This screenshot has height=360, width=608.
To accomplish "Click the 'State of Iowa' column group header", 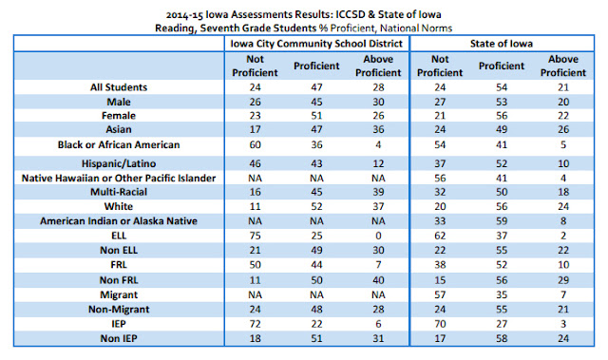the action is pyautogui.click(x=502, y=44).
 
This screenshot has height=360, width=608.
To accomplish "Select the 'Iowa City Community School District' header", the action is pyautogui.click(x=316, y=44).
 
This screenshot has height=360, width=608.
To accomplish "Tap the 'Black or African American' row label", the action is pyautogui.click(x=119, y=145).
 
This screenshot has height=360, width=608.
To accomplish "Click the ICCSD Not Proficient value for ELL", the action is pyautogui.click(x=255, y=236).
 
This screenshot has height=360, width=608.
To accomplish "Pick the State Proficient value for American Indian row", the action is pyautogui.click(x=502, y=221).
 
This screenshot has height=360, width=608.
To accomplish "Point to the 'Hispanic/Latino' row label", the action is pyautogui.click(x=119, y=163).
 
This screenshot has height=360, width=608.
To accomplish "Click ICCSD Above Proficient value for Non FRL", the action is pyautogui.click(x=378, y=280).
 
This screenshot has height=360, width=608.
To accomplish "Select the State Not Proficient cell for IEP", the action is pyautogui.click(x=440, y=324).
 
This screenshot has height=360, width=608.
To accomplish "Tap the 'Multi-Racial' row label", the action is pyautogui.click(x=119, y=192).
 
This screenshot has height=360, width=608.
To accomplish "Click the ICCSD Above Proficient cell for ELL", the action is pyautogui.click(x=378, y=236).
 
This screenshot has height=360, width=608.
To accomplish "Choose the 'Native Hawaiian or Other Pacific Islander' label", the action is pyautogui.click(x=119, y=179).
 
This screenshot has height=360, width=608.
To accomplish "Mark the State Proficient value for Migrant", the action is pyautogui.click(x=502, y=294).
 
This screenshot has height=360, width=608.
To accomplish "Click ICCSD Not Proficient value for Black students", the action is pyautogui.click(x=255, y=145).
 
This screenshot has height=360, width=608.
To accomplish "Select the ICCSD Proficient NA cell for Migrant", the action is pyautogui.click(x=316, y=294).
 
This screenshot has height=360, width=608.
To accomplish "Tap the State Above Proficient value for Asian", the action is pyautogui.click(x=563, y=129).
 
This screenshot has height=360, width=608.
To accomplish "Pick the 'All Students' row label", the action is pyautogui.click(x=119, y=87).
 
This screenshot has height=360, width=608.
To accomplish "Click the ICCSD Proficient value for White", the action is pyautogui.click(x=316, y=206).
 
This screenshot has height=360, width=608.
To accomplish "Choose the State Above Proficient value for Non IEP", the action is pyautogui.click(x=563, y=338).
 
